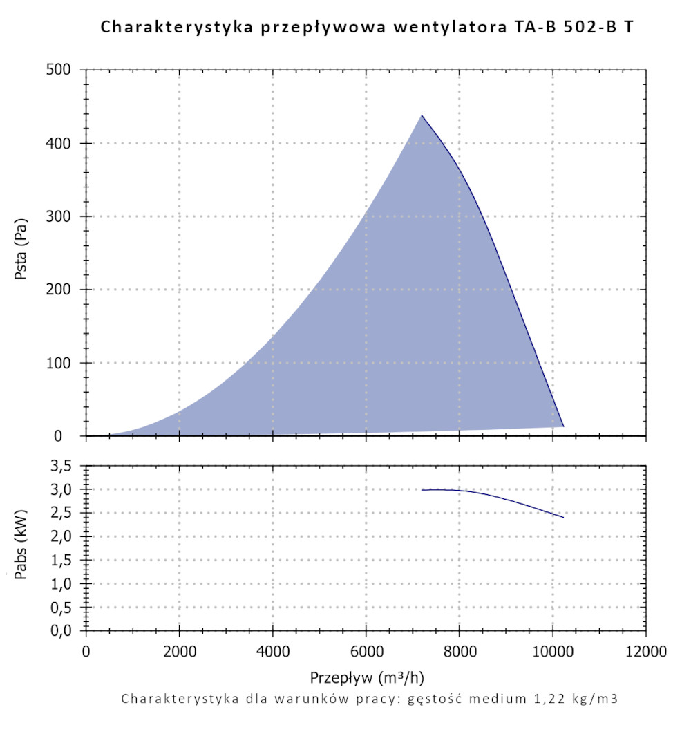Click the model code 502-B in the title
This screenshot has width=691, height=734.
click(580, 27)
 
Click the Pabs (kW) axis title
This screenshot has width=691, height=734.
click(21, 547)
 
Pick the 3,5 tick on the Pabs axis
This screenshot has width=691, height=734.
click(67, 466)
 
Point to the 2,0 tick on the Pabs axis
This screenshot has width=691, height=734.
click(67, 537)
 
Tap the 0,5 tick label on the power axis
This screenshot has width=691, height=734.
click(67, 608)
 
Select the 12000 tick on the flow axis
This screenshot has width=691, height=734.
click(646, 651)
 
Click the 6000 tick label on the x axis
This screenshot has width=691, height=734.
click(366, 651)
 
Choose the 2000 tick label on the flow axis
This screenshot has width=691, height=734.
click(180, 651)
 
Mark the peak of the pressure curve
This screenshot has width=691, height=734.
click(422, 115)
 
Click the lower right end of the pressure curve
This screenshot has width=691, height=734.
click(563, 426)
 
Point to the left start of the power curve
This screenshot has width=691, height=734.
click(422, 490)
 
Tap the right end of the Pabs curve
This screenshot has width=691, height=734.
click(563, 517)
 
